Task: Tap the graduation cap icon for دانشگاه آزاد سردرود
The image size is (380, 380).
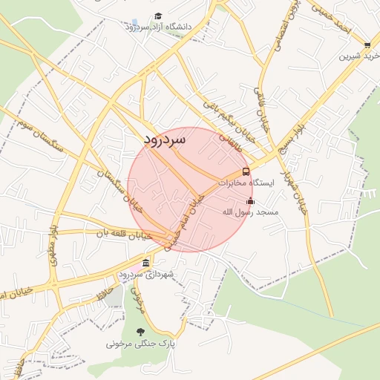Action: click(158, 16)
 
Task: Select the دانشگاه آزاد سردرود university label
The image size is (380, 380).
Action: click(158, 27)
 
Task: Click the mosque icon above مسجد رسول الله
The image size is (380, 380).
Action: click(250, 200)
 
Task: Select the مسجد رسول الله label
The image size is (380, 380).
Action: click(250, 212)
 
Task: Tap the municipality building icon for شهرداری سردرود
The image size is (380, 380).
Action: click(145, 263)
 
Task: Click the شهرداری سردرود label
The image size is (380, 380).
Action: click(145, 275)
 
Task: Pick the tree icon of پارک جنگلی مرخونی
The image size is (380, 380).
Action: click(140, 332)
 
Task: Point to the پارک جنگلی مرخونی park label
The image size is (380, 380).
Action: click(141, 344)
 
